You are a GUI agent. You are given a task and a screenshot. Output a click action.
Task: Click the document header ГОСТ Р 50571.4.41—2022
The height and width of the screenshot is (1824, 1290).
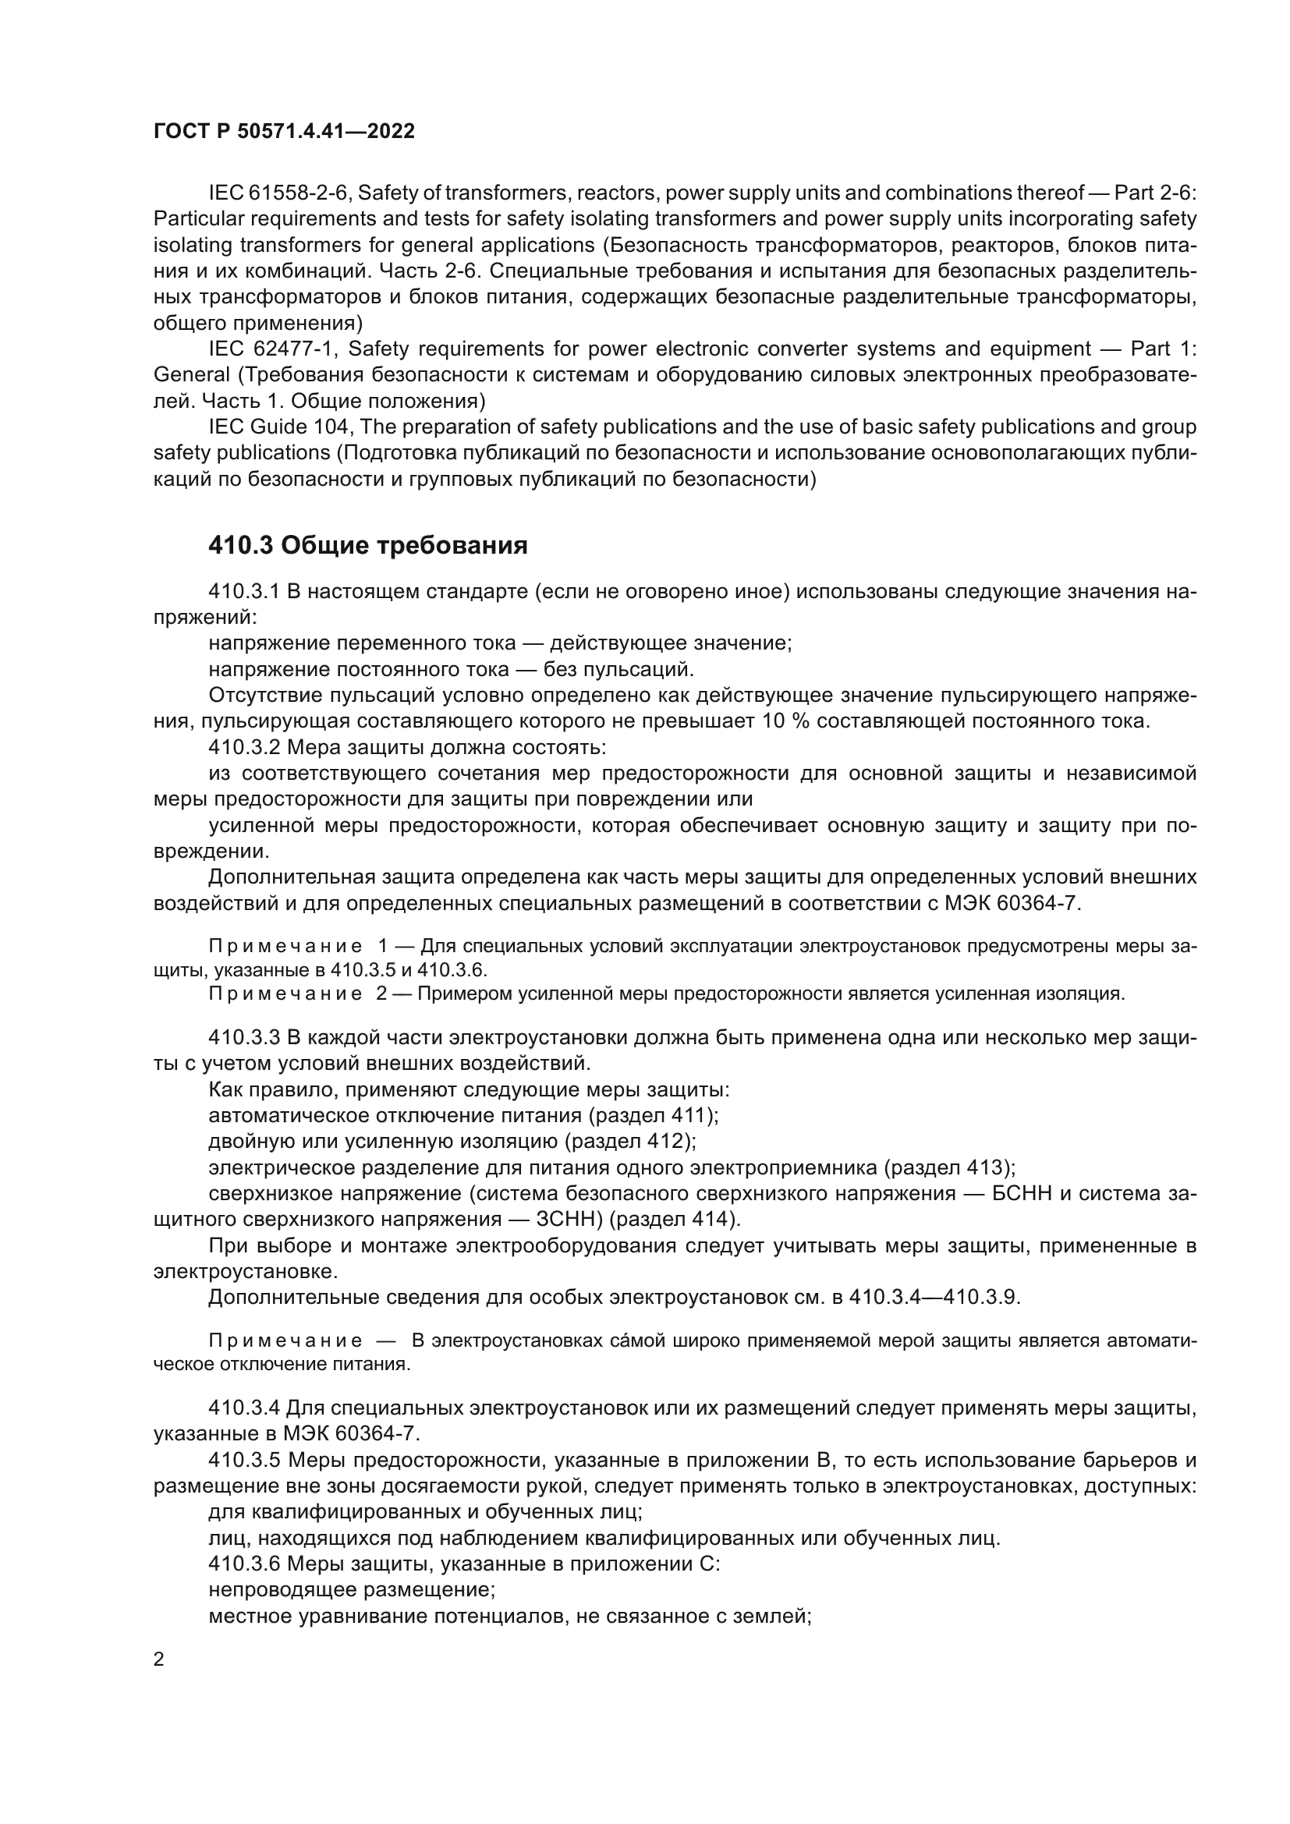pos(284,131)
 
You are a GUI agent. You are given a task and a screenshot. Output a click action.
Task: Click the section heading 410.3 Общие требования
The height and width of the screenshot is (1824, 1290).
pos(368,546)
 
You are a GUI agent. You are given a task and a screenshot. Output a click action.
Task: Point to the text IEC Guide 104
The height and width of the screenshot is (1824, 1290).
pos(278,427)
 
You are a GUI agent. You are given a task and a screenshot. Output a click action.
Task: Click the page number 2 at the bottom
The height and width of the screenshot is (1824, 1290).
pos(159,1659)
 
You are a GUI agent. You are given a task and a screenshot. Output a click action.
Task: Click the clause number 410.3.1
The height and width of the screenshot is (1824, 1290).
pos(244,592)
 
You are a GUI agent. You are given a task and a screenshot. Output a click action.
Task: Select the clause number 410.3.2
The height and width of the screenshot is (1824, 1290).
pos(244,748)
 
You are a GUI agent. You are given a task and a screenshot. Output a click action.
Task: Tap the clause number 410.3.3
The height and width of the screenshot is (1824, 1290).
pos(244,1037)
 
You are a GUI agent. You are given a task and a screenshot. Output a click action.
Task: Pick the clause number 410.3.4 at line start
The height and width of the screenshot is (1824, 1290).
pos(244,1408)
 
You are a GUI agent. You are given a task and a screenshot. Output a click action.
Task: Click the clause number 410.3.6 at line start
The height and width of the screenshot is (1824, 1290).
pos(244,1564)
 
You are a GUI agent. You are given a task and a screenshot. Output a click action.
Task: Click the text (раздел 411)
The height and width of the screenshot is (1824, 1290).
pos(653,1115)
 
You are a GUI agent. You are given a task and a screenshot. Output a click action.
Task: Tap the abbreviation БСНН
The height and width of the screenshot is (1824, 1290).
pos(1025,1194)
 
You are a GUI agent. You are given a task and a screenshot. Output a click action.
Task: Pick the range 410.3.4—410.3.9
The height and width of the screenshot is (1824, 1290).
pos(934,1298)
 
